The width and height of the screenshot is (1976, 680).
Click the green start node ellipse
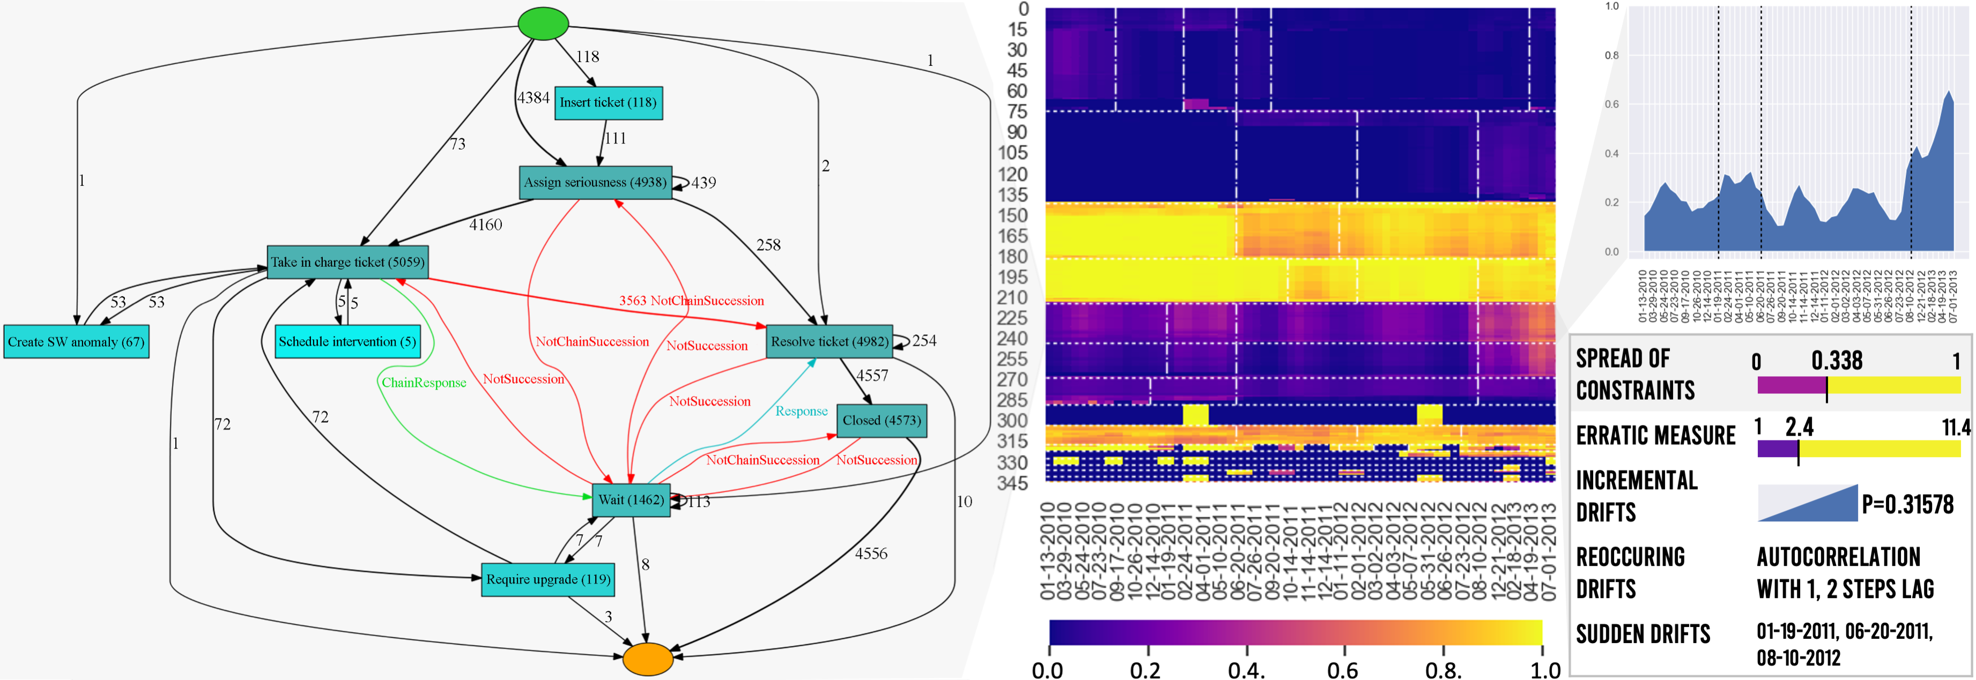543,23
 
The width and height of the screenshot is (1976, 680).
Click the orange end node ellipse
647,659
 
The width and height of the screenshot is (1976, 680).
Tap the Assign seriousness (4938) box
595,182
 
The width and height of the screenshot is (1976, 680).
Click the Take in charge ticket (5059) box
347,262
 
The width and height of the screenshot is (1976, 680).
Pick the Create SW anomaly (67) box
76,342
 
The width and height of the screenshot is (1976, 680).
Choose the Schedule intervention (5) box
347,342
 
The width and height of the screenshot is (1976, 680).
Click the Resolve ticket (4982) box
829,342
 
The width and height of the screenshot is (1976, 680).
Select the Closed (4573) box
882,421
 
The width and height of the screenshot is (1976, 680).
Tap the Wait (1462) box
631,500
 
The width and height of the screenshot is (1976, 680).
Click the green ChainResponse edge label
424,383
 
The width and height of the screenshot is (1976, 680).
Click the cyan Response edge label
802,411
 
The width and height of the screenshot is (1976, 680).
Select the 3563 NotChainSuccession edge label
691,301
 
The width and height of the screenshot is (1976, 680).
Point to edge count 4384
533,98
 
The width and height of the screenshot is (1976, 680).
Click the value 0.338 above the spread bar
1837,360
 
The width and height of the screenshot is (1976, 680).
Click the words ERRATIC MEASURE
1655,436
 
